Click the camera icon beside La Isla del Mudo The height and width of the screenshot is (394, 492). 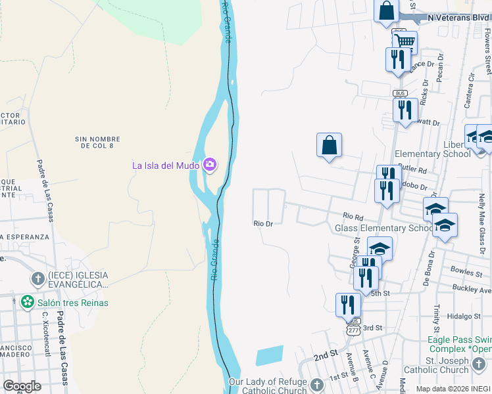pyautogui.click(x=210, y=164)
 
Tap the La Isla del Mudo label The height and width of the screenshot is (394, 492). pyautogui.click(x=166, y=165)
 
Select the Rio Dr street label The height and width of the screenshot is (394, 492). pyautogui.click(x=263, y=224)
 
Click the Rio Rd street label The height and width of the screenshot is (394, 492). pyautogui.click(x=353, y=215)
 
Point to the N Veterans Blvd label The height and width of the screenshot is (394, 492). pyautogui.click(x=458, y=17)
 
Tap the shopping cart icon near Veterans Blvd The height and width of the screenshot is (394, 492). pyautogui.click(x=404, y=43)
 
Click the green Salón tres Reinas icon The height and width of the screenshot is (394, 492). pyautogui.click(x=27, y=302)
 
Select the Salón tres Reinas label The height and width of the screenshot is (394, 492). pyautogui.click(x=72, y=303)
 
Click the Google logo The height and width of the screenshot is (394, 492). pyautogui.click(x=22, y=386)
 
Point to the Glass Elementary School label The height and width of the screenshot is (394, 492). pyautogui.click(x=384, y=228)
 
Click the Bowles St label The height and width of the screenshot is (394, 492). pyautogui.click(x=467, y=269)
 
